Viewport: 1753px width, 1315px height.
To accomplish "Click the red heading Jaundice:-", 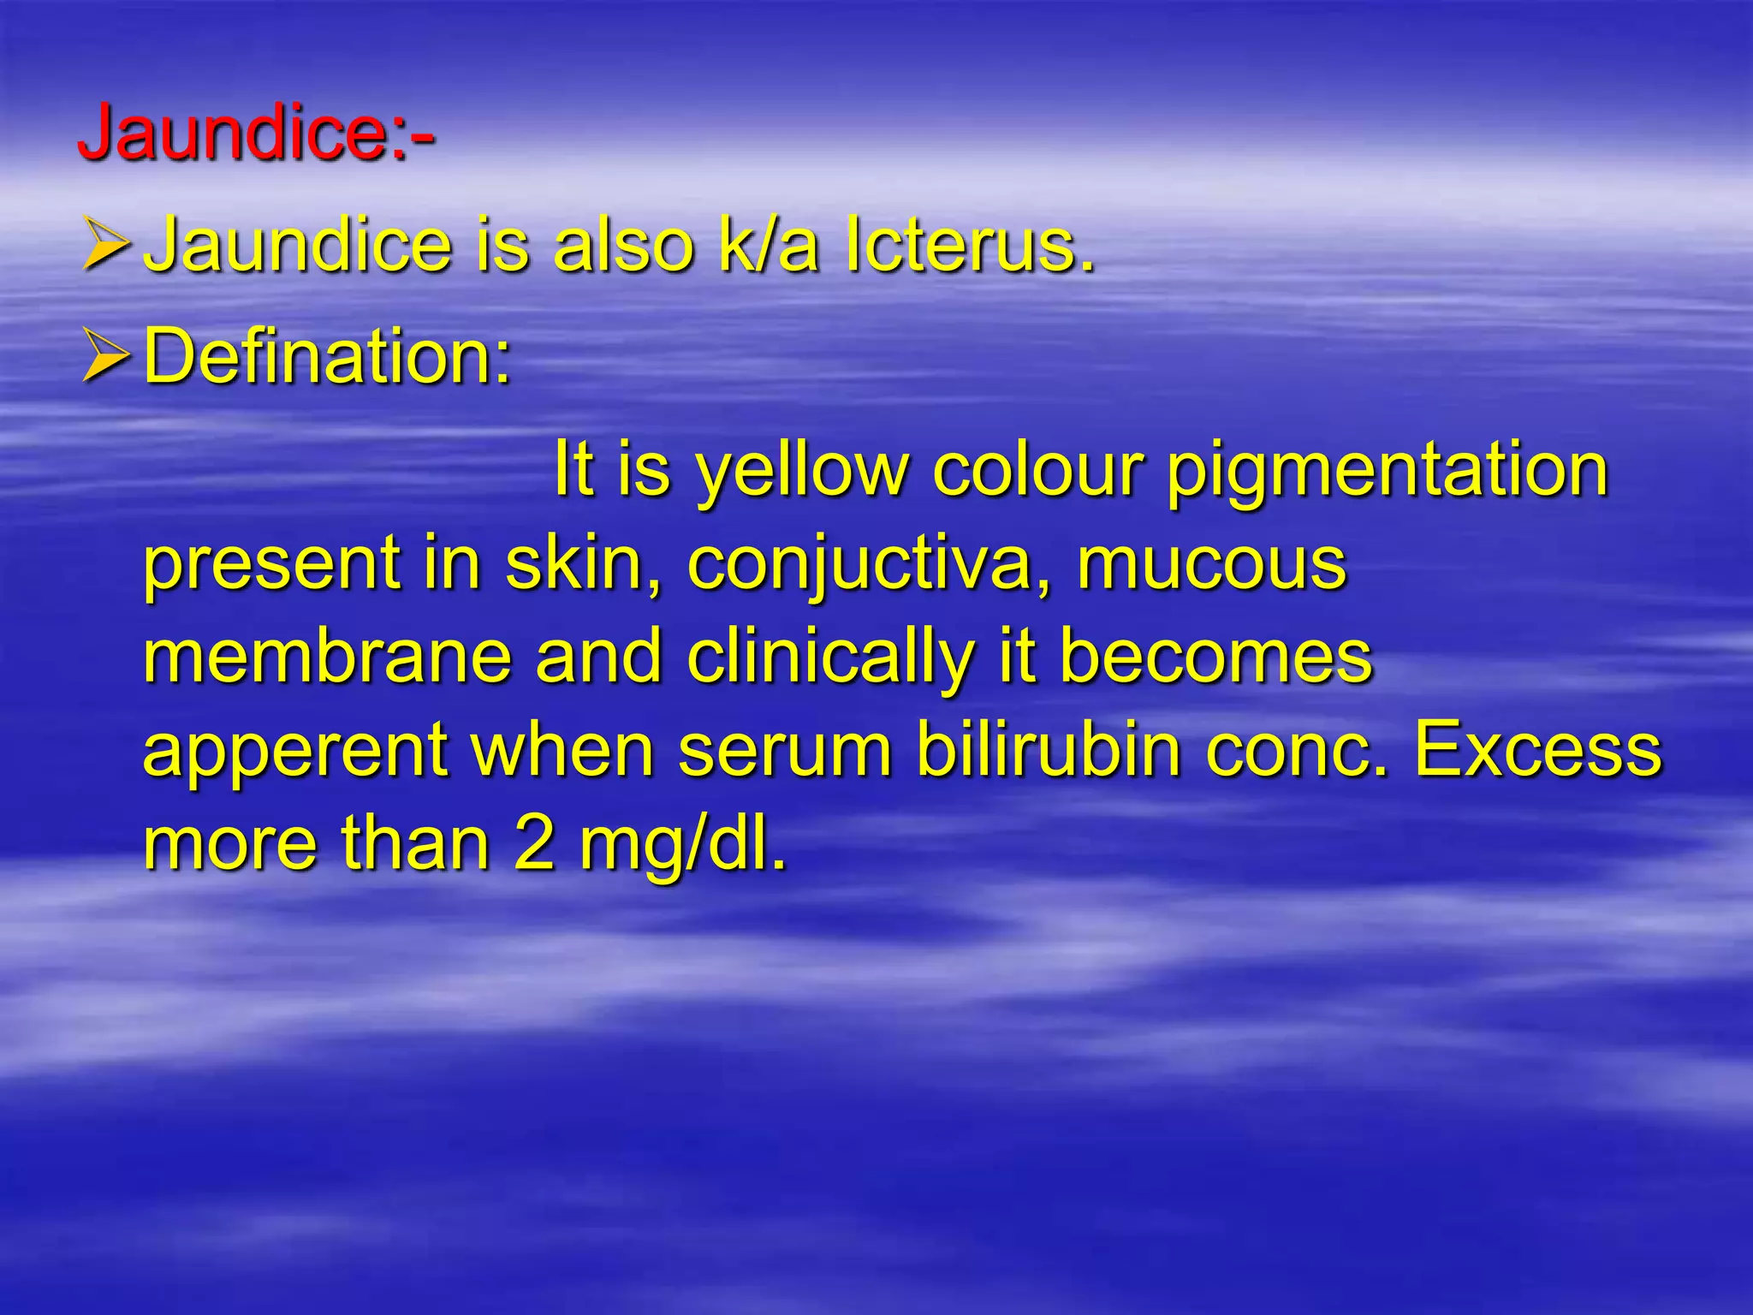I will [256, 133].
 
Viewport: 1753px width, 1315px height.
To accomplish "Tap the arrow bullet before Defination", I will [106, 356].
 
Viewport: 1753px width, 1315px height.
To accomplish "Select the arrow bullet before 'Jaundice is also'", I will [106, 245].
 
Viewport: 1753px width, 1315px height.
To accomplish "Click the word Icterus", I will [969, 246].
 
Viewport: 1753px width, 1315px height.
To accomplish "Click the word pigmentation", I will [1388, 471].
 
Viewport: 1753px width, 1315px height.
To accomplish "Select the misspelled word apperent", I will [295, 752].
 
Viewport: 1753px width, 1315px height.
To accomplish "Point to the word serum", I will [785, 751].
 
